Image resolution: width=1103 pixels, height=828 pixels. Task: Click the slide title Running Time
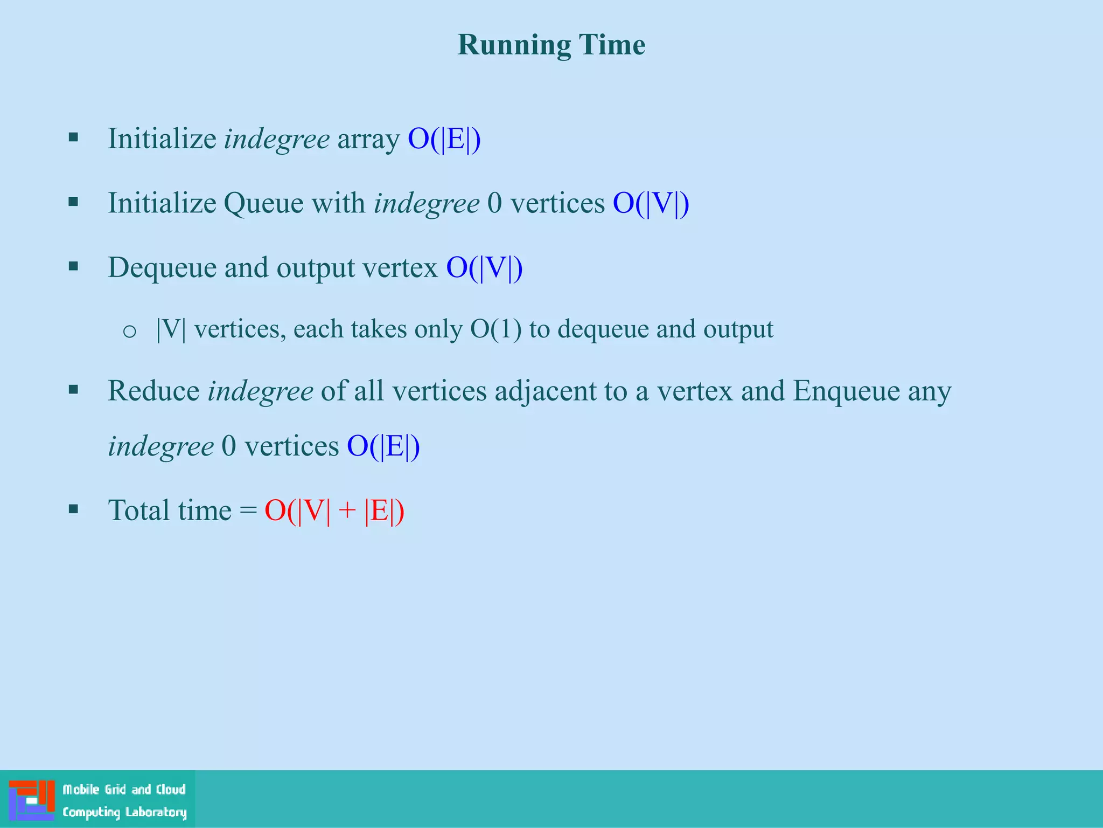pos(551,45)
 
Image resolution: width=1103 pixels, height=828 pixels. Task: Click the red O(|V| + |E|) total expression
pos(334,510)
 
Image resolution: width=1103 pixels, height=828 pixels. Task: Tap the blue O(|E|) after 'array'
pos(444,139)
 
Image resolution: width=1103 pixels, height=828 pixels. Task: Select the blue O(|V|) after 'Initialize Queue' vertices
pos(651,203)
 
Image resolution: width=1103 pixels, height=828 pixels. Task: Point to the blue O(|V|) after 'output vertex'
pos(484,267)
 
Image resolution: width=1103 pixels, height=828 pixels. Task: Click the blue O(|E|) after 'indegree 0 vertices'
pos(383,446)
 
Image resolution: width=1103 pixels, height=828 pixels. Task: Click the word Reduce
pos(153,391)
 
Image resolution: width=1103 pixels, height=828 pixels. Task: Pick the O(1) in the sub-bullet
pos(495,329)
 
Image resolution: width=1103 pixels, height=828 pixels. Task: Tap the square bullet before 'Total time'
pos(74,509)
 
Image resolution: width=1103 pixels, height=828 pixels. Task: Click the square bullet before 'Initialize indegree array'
pos(74,137)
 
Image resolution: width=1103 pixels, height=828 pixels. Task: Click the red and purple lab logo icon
pos(32,800)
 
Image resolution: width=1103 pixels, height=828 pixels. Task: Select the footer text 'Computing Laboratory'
pos(124,812)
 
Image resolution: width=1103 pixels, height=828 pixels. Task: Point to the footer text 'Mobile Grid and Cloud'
pos(124,789)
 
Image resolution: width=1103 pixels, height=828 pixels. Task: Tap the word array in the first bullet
pos(368,139)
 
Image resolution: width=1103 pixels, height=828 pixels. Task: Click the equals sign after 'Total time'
pos(248,510)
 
